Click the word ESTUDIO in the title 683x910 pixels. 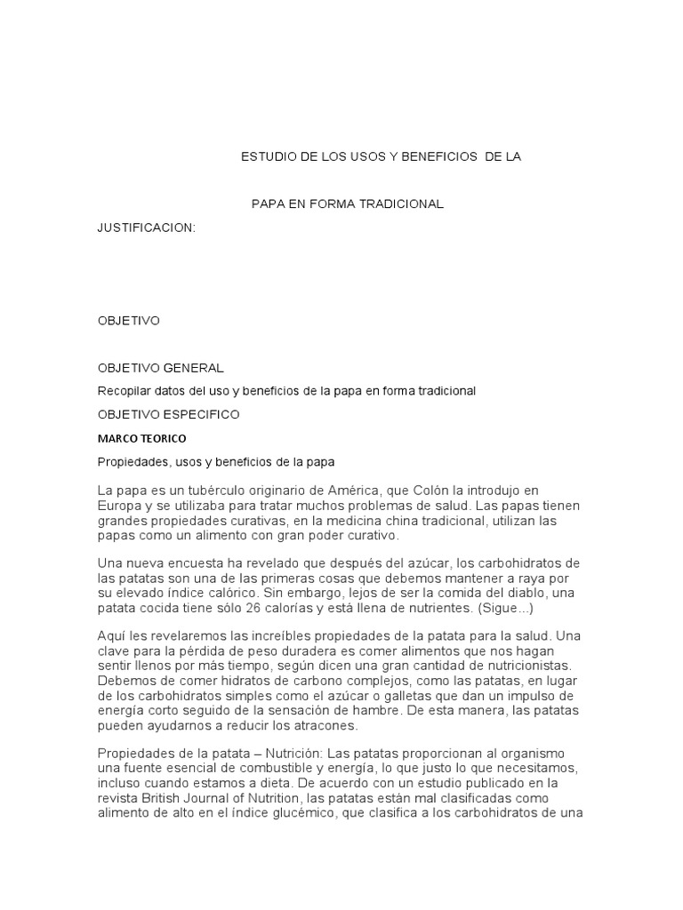point(268,157)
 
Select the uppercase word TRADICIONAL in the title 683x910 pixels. point(402,204)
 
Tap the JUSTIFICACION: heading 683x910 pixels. point(146,228)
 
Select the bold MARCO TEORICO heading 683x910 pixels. point(142,438)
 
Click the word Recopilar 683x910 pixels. point(124,391)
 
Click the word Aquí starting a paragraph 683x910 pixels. point(111,636)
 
